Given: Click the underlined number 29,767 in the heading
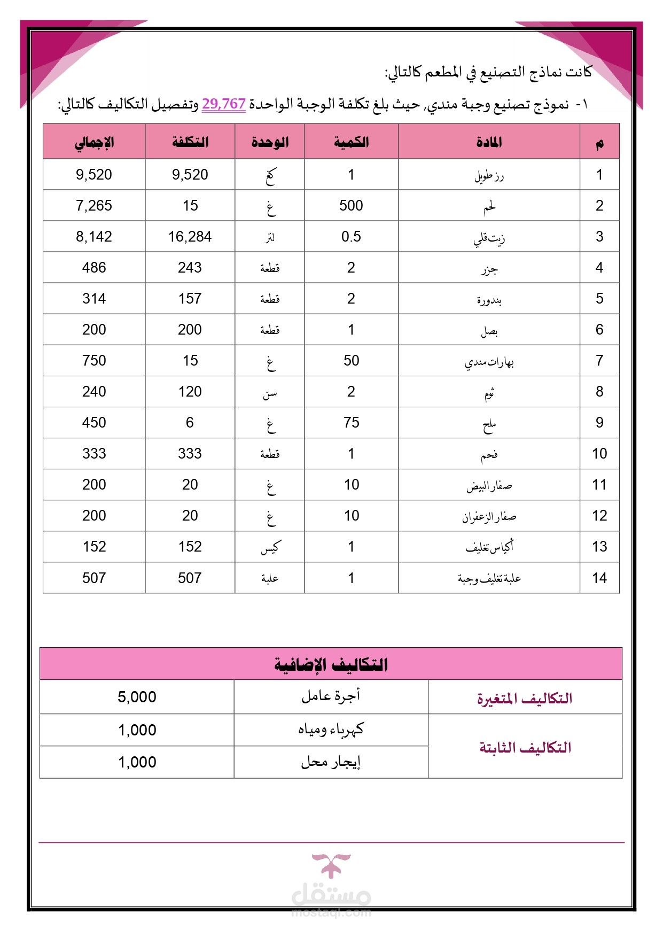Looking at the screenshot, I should pos(224,104).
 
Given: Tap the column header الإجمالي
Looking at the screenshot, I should pos(94,142).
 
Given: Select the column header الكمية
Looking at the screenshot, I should pos(351,142).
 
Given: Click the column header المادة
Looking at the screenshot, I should pos(489,142).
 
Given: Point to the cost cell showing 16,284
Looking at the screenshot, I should pos(190,237).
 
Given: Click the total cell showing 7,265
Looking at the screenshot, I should pos(94,206).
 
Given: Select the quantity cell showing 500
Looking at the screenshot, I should pos(351,206).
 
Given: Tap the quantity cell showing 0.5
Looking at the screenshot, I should pos(351,237).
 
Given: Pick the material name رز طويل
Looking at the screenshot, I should pos(489,175).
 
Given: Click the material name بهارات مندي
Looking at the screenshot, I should pos(489,362).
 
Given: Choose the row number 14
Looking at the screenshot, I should pos(599,578).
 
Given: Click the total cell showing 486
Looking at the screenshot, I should pos(94,268).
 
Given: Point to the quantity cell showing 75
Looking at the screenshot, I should pos(351,423).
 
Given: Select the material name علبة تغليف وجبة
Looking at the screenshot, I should pos(489,578).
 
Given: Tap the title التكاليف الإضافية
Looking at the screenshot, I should pos(331,664).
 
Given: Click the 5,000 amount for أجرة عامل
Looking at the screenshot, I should pos(137,697).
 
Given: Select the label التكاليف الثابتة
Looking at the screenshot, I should pos(525,747).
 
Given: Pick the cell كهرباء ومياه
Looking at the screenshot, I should pos(331,730).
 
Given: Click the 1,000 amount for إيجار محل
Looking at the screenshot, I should pos(137,762).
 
